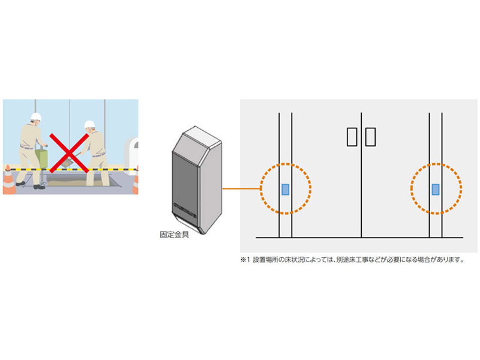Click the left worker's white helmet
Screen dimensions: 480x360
[x=36, y=116]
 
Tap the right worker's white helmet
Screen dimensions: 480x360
[x=89, y=124]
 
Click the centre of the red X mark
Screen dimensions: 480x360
[x=69, y=153]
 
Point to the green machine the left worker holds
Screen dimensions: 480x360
[x=41, y=158]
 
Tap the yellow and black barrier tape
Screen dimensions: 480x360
[x=70, y=169]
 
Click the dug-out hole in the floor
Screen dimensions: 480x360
[x=79, y=181]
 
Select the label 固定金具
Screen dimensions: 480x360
[x=174, y=235]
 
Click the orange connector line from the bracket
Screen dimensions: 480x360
[x=241, y=188]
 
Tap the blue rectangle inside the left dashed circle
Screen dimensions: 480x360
[x=286, y=189]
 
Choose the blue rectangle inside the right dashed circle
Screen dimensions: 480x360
[x=436, y=189]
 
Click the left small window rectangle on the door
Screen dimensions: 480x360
[x=352, y=137]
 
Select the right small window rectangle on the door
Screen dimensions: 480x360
[x=370, y=137]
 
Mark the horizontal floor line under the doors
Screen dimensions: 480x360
[x=359, y=237]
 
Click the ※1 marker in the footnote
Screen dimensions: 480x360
[x=245, y=260]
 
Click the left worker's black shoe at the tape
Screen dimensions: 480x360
[x=39, y=187]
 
